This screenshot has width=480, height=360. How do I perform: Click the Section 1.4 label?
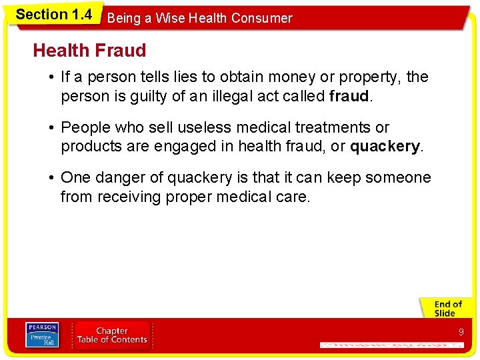click(x=53, y=15)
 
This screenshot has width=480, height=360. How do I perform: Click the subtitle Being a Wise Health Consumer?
click(x=199, y=18)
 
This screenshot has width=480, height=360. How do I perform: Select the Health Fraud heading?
click(x=89, y=50)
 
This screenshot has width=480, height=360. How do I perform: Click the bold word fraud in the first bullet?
click(x=349, y=96)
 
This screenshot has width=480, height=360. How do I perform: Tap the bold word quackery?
click(x=385, y=146)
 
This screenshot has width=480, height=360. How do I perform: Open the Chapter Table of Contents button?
click(x=112, y=335)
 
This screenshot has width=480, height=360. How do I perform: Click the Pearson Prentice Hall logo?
click(x=42, y=335)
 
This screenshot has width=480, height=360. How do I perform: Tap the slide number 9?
click(x=461, y=332)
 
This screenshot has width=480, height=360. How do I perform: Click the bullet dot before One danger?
click(x=51, y=178)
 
